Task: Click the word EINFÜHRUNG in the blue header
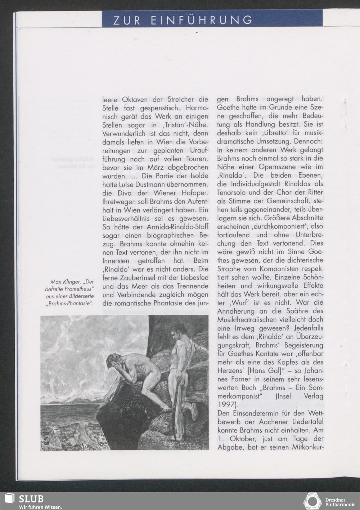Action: (202, 20)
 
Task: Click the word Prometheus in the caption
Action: (77, 289)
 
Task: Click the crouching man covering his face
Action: (133, 374)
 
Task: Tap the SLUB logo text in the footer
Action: (31, 499)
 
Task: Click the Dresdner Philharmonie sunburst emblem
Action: (312, 501)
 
